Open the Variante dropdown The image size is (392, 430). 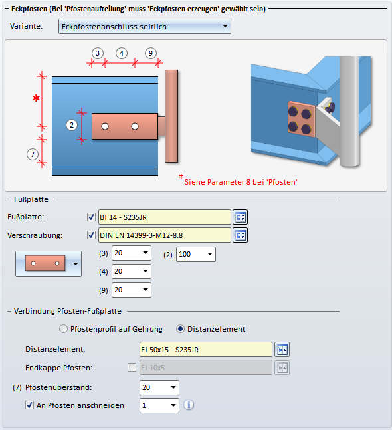pos(145,27)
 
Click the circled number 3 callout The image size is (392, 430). pos(98,53)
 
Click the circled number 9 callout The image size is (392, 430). pos(151,53)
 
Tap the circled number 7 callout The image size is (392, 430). pos(33,154)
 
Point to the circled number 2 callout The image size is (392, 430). pos(72,125)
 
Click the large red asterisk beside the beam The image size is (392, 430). pos(36,98)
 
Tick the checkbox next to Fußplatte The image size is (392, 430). pos(91,217)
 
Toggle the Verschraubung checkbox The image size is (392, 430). pos(91,235)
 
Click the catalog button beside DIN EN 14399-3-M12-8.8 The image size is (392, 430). pos(240,235)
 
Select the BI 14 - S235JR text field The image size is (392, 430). pos(165,217)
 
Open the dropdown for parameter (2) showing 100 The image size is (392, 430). pos(196,254)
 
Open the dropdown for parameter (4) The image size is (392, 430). pos(132,272)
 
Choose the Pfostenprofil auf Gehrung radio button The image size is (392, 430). pos(63,329)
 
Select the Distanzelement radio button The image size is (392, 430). pos(180,329)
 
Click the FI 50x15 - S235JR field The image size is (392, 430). pos(206,350)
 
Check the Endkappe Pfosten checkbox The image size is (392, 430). pos(132,368)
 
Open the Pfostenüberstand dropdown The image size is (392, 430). pos(159,387)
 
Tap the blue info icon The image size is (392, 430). pos(189,405)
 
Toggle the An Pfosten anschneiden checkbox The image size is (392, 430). pos(29,405)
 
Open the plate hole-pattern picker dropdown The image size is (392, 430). pos(49,264)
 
